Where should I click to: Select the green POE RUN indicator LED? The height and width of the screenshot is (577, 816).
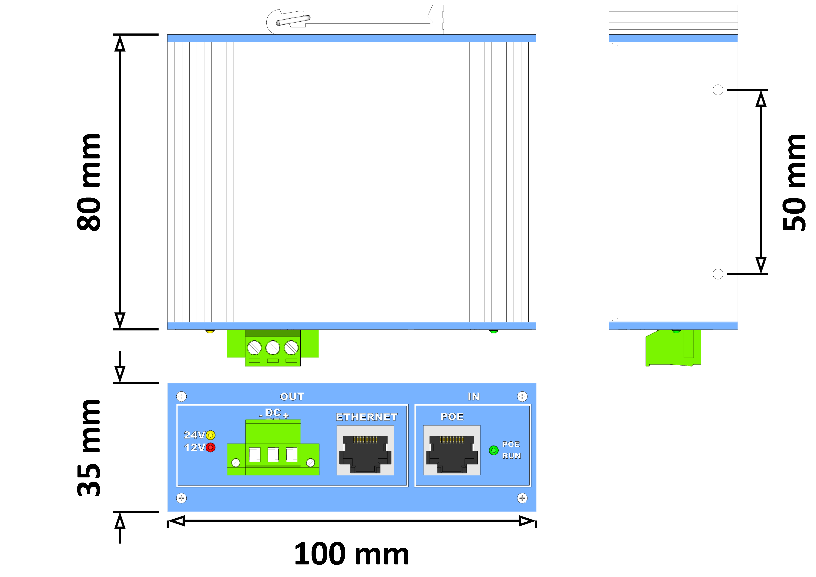pos(494,450)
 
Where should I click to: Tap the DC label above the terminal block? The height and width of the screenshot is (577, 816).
pos(273,413)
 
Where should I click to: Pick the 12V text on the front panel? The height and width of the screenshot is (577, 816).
pos(194,448)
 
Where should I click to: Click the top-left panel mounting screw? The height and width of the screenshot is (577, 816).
pos(181,396)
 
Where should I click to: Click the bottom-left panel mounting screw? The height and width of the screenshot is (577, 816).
pos(181,498)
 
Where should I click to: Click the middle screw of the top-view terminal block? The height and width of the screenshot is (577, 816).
pos(273,347)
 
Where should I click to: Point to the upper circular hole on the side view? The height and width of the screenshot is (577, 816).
pos(718,90)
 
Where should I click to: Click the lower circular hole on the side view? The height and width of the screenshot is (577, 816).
pos(718,274)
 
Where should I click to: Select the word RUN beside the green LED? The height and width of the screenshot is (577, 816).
pos(511,456)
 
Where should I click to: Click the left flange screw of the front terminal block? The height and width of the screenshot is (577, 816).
pos(236,463)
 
